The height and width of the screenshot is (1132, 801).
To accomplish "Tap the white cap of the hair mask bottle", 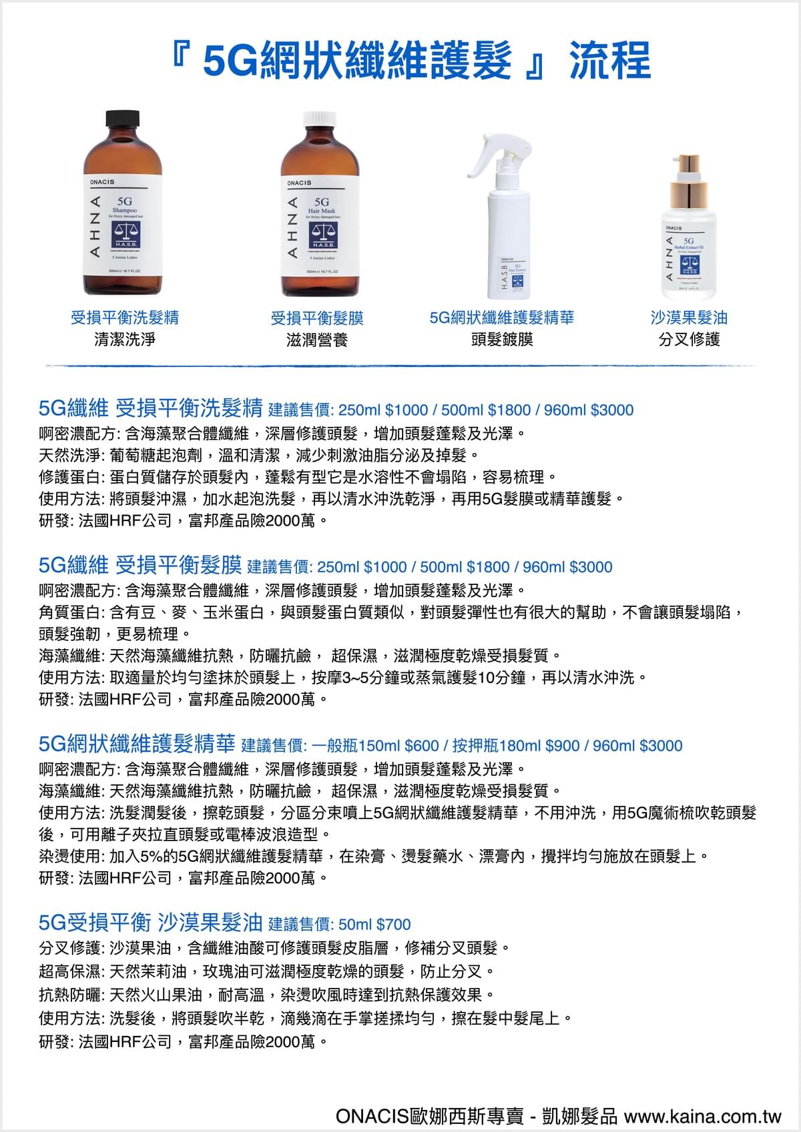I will click(x=321, y=120).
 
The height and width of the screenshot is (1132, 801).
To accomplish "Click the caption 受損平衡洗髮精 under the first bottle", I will click(x=125, y=318).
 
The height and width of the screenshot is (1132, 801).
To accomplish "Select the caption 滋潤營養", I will click(x=317, y=340).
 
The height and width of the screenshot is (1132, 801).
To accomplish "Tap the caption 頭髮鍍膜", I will click(x=502, y=340).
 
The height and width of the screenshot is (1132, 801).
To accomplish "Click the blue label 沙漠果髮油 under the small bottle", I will click(x=689, y=318).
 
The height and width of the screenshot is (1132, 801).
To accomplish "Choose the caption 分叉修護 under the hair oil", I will click(x=689, y=340).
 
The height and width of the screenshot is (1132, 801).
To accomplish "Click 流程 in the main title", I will click(x=609, y=61).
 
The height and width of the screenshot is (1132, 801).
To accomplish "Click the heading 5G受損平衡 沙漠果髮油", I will click(x=150, y=923).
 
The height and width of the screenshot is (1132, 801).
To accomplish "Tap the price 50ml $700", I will click(x=374, y=924).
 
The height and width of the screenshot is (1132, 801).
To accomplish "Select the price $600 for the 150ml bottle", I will click(x=421, y=746).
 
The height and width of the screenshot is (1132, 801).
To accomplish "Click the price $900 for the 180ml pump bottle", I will click(x=563, y=746).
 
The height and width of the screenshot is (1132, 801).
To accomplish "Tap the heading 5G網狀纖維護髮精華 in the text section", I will click(x=137, y=744).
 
